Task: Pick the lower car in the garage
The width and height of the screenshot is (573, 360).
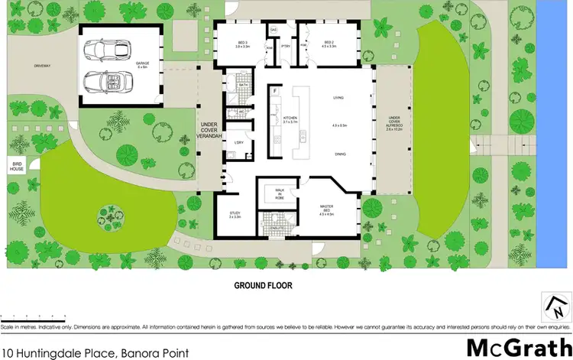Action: click(105, 79)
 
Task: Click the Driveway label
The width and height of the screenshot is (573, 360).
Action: click(42, 66)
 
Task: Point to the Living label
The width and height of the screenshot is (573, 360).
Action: click(338, 98)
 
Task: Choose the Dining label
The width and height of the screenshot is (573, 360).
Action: click(338, 154)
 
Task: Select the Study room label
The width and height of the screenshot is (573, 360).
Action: click(235, 216)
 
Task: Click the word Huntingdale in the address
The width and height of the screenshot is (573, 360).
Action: click(56, 353)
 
